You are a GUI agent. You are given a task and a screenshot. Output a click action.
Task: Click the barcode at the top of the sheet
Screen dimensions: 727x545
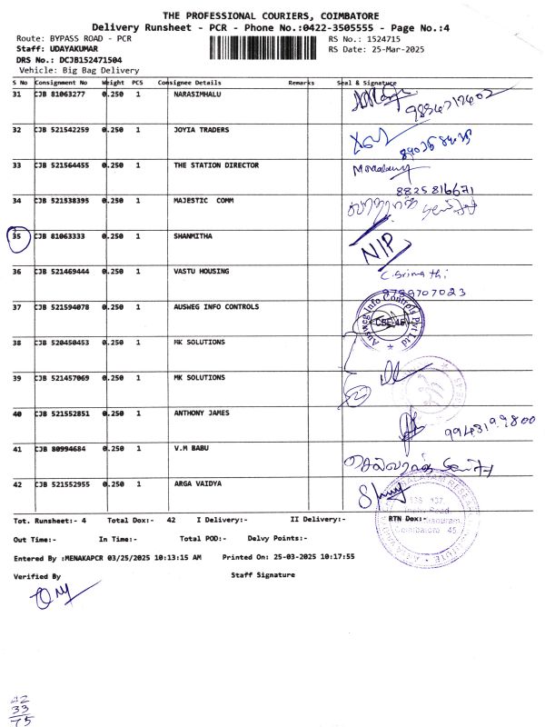pos(269,46)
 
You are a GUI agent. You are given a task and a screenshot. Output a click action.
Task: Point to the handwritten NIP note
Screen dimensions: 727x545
pos(382,249)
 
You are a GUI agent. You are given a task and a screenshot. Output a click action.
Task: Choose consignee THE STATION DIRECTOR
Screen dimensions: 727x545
pos(216,165)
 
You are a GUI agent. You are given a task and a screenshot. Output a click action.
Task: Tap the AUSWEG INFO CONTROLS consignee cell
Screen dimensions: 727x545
pos(216,307)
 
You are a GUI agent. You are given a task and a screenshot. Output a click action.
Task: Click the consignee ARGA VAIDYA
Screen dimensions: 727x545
pos(197,484)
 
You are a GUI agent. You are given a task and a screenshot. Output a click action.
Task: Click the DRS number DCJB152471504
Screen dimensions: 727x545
pos(84,59)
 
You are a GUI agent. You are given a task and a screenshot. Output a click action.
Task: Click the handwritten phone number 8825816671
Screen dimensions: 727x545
pos(433,191)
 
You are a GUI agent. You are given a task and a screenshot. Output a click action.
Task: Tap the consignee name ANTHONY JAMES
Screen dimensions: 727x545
pos(202,413)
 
